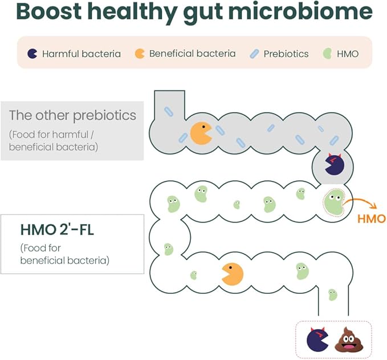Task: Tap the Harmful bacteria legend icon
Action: click(32, 54)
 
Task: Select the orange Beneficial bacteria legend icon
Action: click(140, 54)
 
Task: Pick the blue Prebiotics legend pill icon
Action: click(254, 54)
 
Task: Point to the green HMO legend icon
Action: click(327, 54)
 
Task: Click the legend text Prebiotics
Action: click(286, 54)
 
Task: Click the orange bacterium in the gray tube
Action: click(201, 132)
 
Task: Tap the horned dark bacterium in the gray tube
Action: click(333, 165)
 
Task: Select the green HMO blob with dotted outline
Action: click(333, 203)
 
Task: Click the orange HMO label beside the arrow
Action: click(371, 219)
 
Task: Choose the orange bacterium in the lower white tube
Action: click(232, 273)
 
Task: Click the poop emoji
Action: click(347, 339)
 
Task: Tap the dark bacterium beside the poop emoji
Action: click(317, 339)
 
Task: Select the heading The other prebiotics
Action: click(72, 115)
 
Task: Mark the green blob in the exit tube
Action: click(333, 294)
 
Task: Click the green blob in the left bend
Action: click(168, 249)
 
